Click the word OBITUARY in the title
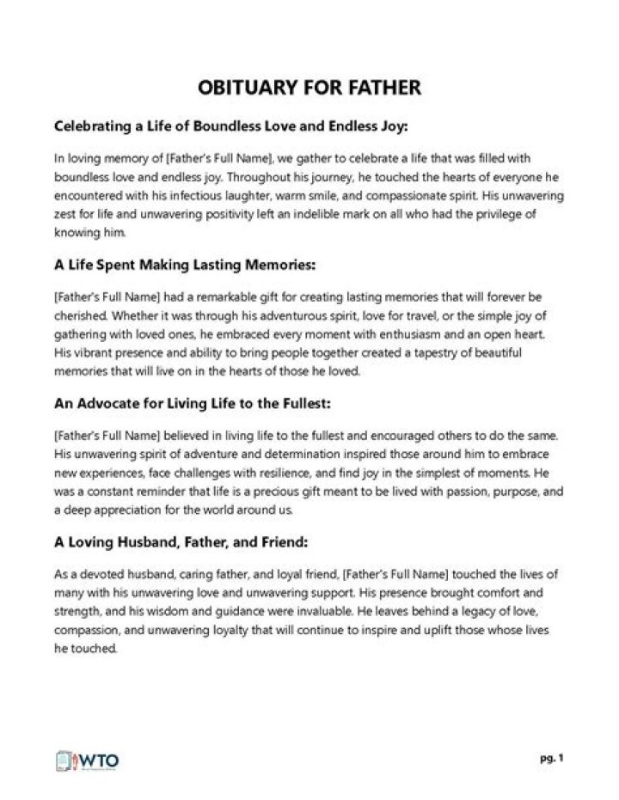coord(244,88)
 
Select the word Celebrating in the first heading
coord(93,126)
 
